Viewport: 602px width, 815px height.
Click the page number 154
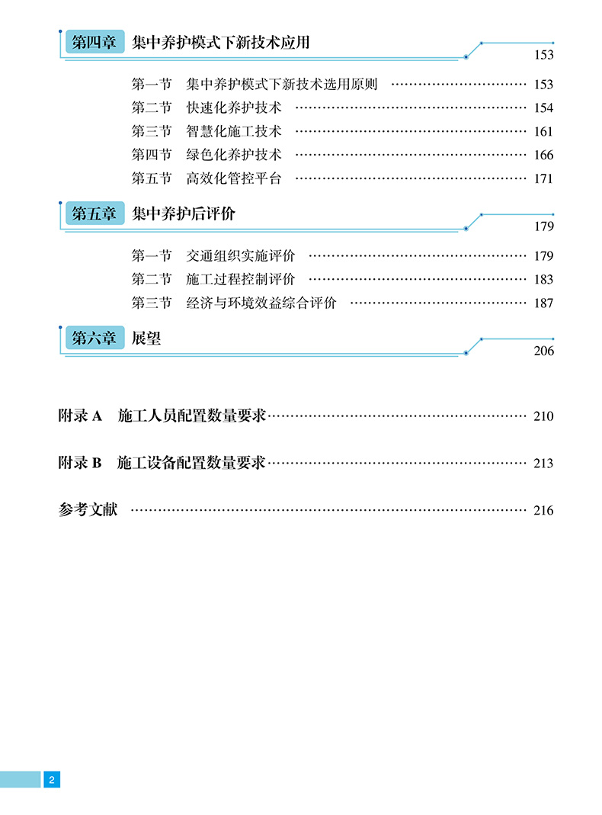(543, 107)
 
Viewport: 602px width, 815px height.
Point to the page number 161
(543, 131)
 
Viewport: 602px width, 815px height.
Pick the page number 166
(543, 155)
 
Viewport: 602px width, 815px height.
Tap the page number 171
(543, 179)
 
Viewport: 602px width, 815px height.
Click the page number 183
(543, 280)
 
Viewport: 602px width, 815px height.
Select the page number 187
(543, 303)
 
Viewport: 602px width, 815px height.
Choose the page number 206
(543, 351)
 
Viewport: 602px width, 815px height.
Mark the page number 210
(543, 416)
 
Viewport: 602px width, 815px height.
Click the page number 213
(543, 464)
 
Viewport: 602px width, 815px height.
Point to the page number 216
(543, 511)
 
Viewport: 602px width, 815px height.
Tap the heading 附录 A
(80, 416)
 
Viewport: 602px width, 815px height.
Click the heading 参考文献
(88, 510)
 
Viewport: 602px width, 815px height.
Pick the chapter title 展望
(146, 339)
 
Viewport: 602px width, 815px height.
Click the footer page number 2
(51, 779)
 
